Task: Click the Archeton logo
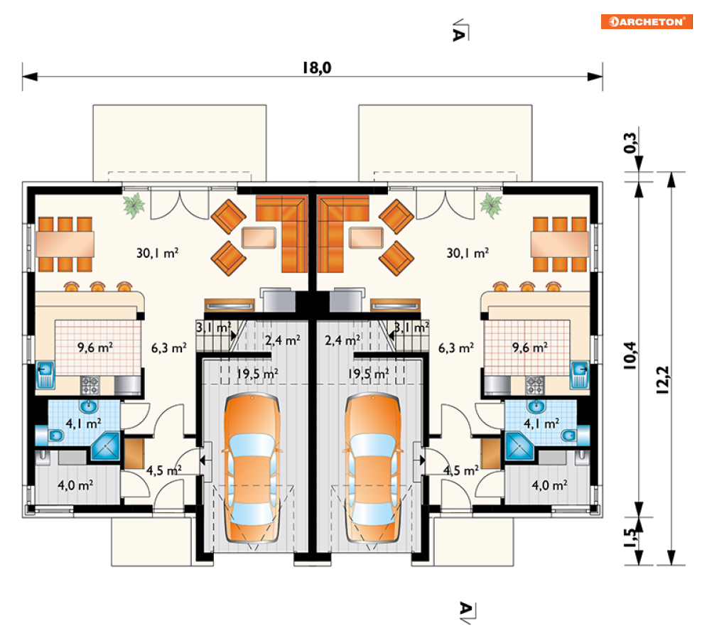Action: (x=646, y=21)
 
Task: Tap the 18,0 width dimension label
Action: (x=316, y=67)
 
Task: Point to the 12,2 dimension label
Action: (x=662, y=380)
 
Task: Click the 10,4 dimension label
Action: (x=630, y=356)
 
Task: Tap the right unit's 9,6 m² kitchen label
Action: (x=530, y=347)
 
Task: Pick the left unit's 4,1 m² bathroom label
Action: (x=83, y=423)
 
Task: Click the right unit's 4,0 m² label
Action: (x=549, y=485)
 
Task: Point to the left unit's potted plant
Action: (x=134, y=205)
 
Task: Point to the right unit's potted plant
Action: (x=490, y=205)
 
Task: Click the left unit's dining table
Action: (x=65, y=244)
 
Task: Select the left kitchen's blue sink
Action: (x=45, y=374)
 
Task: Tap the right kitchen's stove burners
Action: (x=535, y=386)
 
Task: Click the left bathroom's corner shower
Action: (x=106, y=446)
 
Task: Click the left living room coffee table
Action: (x=259, y=237)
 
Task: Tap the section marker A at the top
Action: (x=460, y=31)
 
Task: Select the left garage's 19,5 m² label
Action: (x=257, y=374)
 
